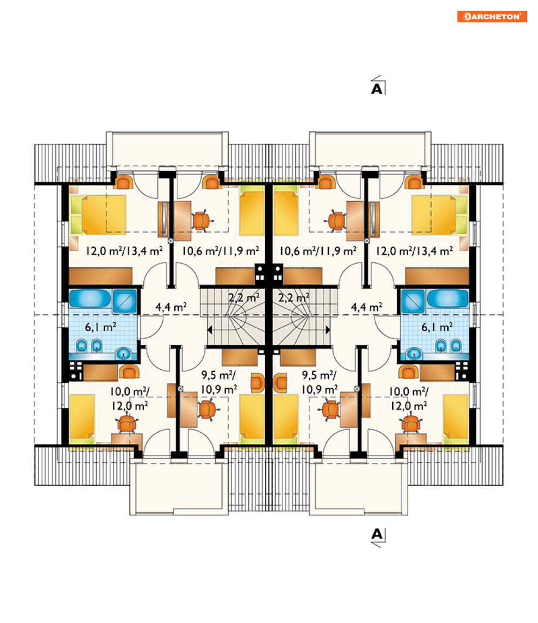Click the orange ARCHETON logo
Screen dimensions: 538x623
click(492, 16)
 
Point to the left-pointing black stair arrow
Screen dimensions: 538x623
click(210, 330)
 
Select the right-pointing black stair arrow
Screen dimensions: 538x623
click(328, 330)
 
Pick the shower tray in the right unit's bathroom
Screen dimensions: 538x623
click(413, 301)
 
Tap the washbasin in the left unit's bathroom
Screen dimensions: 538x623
click(124, 353)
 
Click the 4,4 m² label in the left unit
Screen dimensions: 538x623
click(171, 307)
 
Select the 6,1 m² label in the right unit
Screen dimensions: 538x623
click(437, 327)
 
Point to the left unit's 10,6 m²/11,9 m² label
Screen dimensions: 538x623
click(221, 251)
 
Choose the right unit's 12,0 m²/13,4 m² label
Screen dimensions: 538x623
click(414, 251)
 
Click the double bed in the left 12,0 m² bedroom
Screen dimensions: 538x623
click(98, 215)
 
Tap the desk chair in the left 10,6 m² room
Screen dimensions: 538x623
click(202, 221)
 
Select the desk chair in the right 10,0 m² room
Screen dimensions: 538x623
click(411, 423)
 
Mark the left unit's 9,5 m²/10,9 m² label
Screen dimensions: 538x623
click(219, 382)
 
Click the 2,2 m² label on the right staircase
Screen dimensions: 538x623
click(294, 297)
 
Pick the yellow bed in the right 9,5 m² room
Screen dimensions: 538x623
click(285, 417)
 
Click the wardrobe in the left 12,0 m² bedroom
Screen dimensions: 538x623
click(101, 276)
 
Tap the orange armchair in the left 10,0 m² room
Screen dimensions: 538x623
click(129, 372)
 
